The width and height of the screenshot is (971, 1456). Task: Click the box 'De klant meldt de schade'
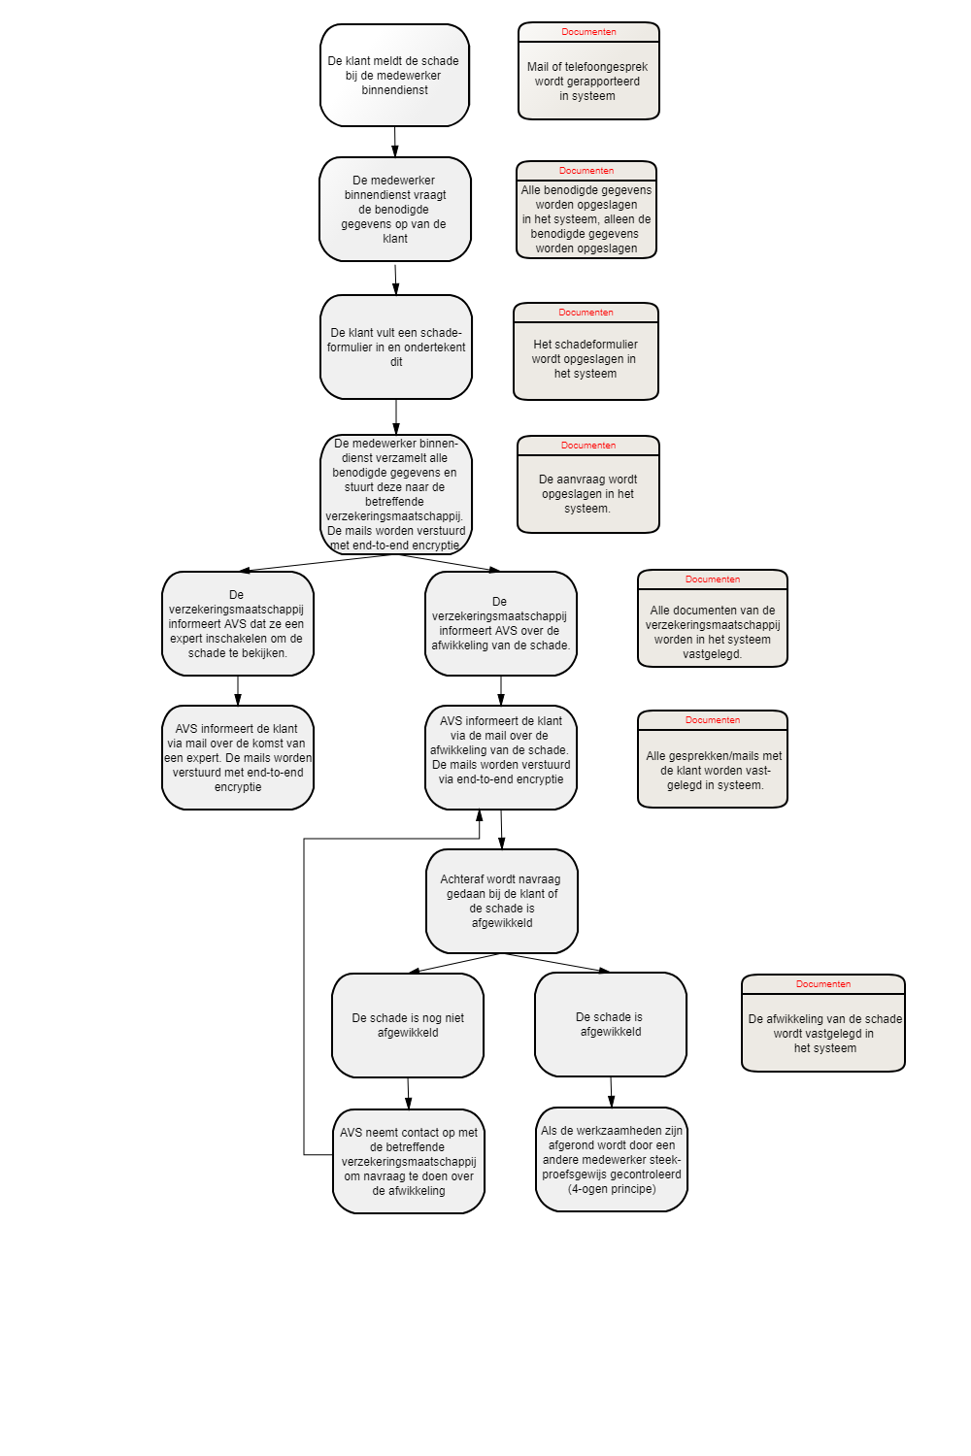[x=394, y=76]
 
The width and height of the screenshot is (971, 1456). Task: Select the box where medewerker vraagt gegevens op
[x=395, y=210]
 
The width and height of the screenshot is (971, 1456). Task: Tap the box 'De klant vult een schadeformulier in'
[x=396, y=347]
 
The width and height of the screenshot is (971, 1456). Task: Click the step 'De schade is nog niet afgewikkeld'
[x=408, y=1025]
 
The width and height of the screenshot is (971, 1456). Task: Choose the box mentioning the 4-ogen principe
[x=612, y=1160]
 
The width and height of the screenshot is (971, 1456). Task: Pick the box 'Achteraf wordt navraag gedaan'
[x=501, y=901]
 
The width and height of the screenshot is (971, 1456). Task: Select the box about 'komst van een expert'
[x=237, y=757]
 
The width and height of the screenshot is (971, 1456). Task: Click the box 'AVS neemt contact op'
[x=409, y=1161]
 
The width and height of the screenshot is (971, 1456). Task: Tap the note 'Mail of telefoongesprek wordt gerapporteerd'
[x=588, y=71]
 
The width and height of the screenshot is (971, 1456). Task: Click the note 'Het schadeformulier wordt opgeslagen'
[x=586, y=351]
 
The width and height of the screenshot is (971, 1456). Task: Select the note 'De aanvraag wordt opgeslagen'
[x=587, y=484]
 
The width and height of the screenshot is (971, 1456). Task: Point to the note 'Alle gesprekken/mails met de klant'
[x=712, y=759]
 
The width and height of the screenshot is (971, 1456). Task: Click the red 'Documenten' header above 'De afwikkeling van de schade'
[x=822, y=984]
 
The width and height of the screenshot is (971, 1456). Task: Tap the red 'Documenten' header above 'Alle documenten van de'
[x=712, y=579]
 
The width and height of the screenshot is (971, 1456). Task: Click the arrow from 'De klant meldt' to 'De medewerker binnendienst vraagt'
[x=395, y=142]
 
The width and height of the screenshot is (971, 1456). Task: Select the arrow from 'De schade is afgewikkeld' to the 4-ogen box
[x=611, y=1092]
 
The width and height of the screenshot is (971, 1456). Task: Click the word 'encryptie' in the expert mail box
[x=237, y=786]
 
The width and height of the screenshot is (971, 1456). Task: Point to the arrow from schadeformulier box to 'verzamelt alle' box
[x=396, y=416]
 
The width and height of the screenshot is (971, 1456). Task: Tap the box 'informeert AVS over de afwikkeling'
[x=501, y=623]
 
